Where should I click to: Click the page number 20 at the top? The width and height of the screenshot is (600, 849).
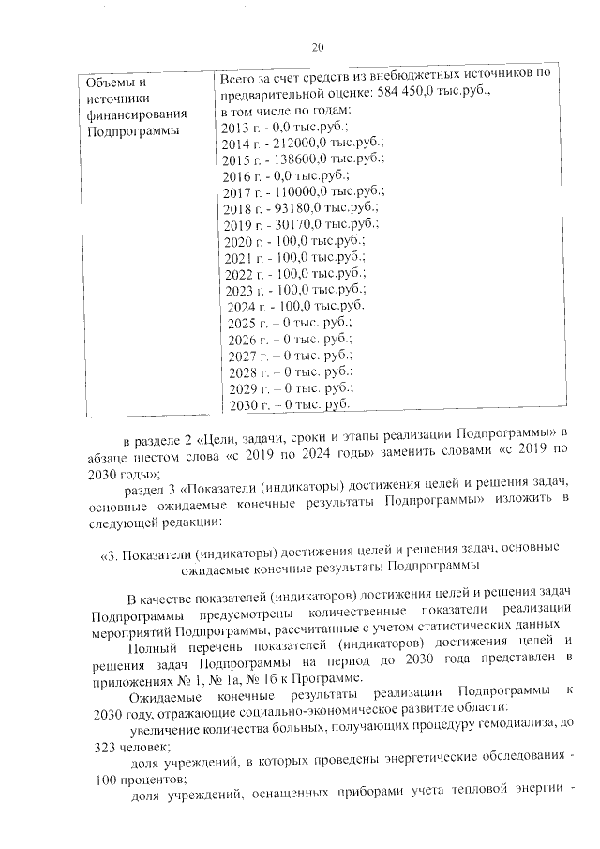click(x=316, y=48)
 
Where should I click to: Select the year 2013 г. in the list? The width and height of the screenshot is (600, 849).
click(x=243, y=127)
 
